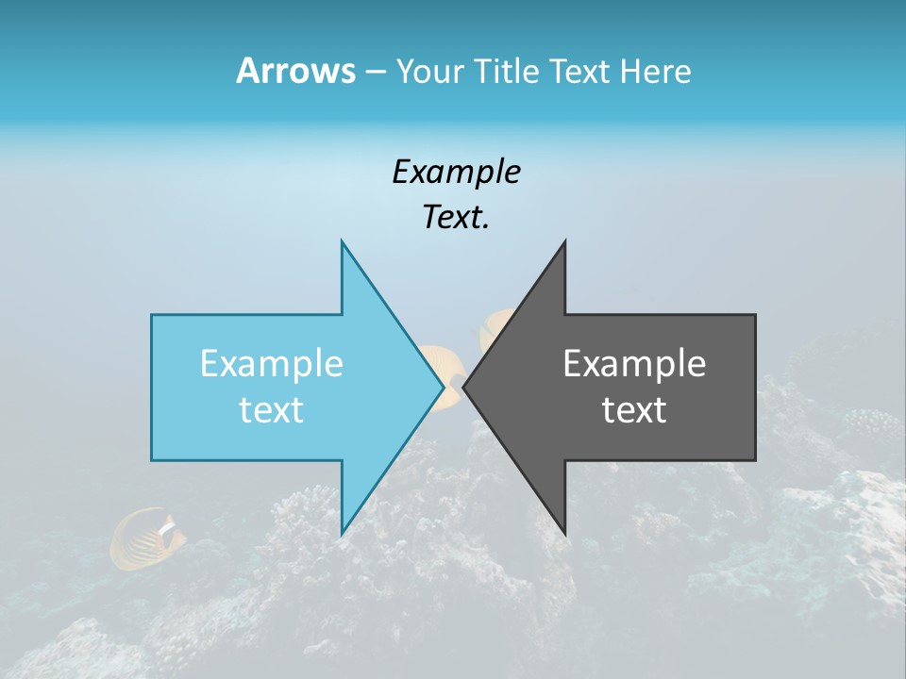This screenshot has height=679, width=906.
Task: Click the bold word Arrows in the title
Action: (294, 71)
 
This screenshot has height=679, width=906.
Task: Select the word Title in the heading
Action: (507, 72)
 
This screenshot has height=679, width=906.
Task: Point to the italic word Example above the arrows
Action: (456, 172)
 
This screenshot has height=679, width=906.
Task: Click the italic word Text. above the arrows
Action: (456, 217)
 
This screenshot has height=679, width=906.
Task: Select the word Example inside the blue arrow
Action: (271, 364)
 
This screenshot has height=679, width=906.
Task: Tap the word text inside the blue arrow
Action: (271, 410)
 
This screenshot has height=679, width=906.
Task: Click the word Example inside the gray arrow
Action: (634, 364)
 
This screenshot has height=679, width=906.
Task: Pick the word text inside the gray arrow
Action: (634, 410)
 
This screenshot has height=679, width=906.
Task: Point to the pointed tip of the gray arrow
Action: (464, 386)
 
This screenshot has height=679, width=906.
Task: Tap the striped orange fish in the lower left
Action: (146, 538)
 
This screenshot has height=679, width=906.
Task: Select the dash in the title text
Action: (375, 72)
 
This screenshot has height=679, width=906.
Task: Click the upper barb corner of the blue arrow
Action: (342, 242)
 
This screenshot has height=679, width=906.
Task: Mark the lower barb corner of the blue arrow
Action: (342, 534)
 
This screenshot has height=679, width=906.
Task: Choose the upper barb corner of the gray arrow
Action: (564, 242)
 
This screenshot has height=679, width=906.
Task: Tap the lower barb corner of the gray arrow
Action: (564, 534)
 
